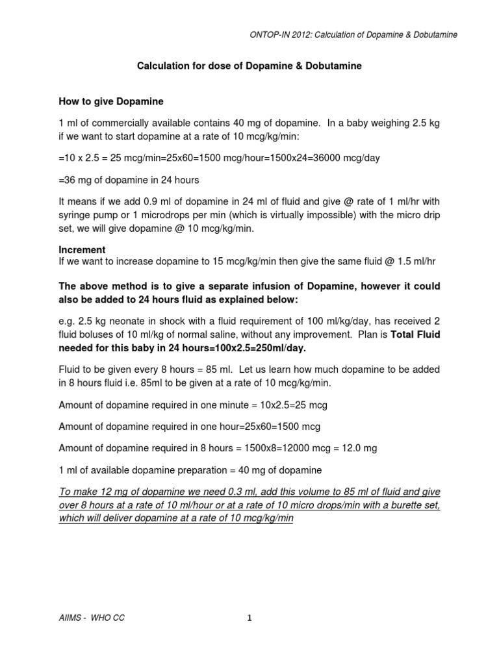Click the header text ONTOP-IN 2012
point(276,34)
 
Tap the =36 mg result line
point(129,180)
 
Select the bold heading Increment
point(82,250)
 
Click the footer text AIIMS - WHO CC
point(92,618)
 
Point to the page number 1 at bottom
point(249,618)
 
